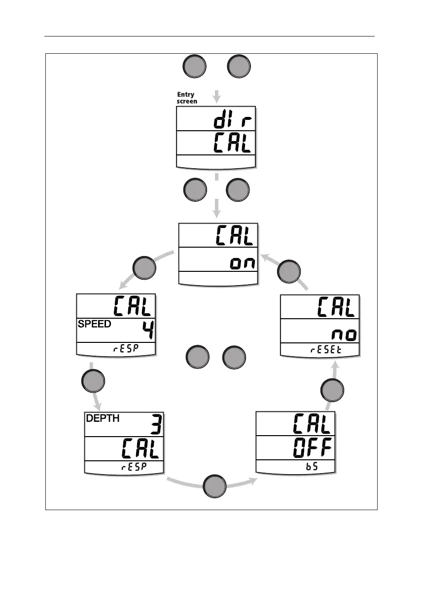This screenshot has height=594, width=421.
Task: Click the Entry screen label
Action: click(x=187, y=98)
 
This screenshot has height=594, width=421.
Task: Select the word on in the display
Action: click(x=243, y=262)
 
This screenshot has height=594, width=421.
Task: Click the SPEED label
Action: click(x=94, y=324)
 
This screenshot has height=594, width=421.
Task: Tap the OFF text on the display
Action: click(x=310, y=448)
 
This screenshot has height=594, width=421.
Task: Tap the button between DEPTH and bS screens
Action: click(x=215, y=485)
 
